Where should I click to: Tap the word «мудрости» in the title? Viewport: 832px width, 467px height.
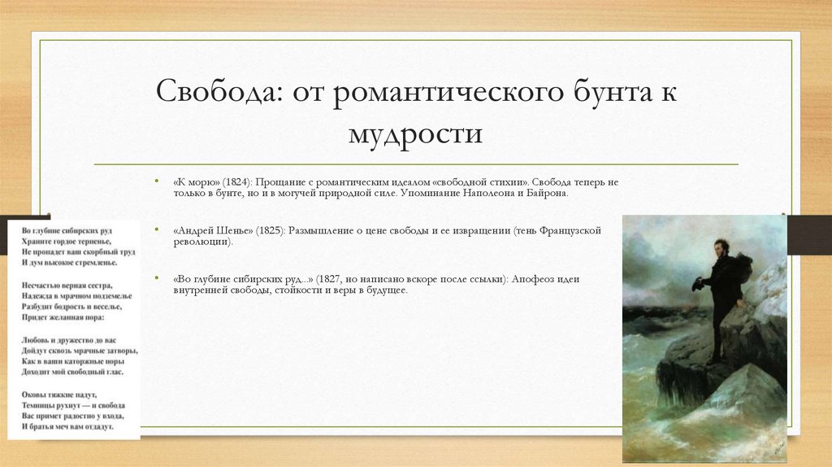pyautogui.click(x=415, y=132)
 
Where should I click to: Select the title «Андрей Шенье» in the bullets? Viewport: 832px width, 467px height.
pyautogui.click(x=214, y=231)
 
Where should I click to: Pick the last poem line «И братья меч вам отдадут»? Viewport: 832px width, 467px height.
pyautogui.click(x=68, y=426)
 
